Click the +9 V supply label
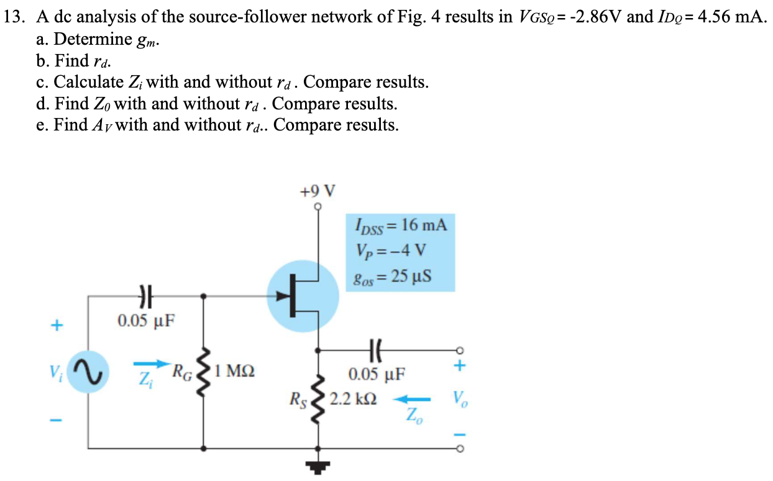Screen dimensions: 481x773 coord(319,190)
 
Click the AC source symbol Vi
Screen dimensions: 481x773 coord(88,372)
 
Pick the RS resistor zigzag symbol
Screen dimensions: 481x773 coord(319,398)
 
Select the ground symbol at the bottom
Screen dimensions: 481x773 coord(319,465)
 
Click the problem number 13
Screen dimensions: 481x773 coord(13,17)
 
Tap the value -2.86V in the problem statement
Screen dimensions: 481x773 coord(593,17)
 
